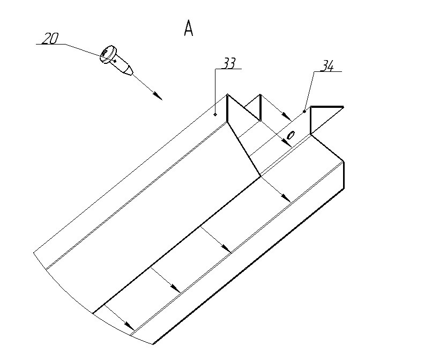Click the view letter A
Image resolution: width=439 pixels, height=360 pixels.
(189, 29)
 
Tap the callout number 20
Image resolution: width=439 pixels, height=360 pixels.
(50, 38)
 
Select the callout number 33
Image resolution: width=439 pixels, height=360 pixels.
(229, 63)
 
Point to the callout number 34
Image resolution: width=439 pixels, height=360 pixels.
(327, 66)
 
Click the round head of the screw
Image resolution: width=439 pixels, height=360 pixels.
(107, 54)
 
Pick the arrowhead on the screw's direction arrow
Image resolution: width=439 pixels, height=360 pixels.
(158, 96)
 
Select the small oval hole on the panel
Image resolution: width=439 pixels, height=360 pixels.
(291, 135)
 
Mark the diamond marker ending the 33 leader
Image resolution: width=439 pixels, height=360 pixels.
(215, 114)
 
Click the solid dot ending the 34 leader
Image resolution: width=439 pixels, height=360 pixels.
(304, 112)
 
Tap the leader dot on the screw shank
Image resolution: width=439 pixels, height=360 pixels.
(115, 61)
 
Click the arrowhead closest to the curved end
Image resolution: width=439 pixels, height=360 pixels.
(129, 326)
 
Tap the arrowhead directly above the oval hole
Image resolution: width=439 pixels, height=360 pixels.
(287, 116)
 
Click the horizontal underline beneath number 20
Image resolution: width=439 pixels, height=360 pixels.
(50, 45)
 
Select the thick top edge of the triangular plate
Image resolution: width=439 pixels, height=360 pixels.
(327, 106)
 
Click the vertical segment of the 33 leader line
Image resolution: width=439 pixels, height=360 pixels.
(215, 91)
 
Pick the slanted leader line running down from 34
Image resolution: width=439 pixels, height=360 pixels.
(309, 92)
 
